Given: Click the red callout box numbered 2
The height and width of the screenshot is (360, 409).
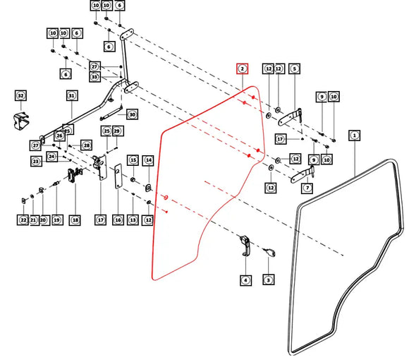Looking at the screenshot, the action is tap(243, 69).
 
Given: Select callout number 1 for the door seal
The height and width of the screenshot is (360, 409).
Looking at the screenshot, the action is tap(354, 136).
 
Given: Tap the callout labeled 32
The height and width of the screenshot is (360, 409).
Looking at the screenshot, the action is tap(21, 95).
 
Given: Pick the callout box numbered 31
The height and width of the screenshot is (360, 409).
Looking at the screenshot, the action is tap(72, 96).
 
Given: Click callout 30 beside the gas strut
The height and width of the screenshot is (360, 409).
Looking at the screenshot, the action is tap(133, 114).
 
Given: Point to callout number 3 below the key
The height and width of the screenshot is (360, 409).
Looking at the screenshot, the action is tap(269, 280).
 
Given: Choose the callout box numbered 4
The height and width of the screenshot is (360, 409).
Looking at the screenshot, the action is tap(245, 280).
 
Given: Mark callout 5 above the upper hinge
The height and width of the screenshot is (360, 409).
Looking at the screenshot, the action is tap(295, 69).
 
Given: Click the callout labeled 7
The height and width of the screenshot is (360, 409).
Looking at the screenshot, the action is tap(307, 188).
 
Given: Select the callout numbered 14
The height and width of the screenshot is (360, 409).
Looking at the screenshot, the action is tap(149, 160).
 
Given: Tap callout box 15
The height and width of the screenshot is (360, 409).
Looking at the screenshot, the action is tap(133, 160).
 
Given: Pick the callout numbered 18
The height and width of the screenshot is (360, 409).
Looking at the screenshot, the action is tap(75, 220).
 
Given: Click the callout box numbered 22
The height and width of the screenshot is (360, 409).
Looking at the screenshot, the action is tap(23, 220).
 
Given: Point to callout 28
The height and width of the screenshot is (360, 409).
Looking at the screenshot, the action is tap(87, 145).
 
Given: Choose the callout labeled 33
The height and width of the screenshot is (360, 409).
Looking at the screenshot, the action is tap(94, 77).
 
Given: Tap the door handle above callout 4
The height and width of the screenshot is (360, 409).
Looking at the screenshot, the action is tap(245, 246).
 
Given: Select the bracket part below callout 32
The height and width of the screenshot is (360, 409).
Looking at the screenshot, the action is tap(21, 121).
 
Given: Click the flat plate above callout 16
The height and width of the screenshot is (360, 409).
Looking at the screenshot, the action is tap(118, 176).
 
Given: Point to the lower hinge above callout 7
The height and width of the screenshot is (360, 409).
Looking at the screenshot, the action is tap(303, 175).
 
